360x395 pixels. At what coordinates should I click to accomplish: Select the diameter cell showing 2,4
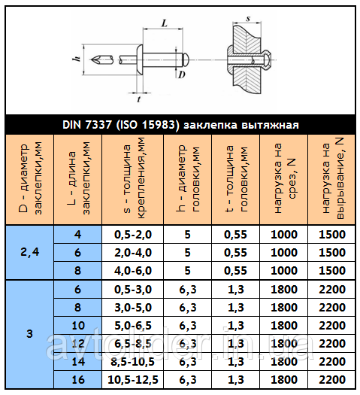click(30, 252)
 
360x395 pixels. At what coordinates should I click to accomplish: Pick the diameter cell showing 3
click(30, 333)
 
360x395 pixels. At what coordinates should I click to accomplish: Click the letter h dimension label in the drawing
click(76, 59)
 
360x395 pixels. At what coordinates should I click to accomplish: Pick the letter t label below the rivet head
click(139, 98)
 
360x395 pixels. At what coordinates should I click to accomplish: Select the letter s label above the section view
click(247, 15)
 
